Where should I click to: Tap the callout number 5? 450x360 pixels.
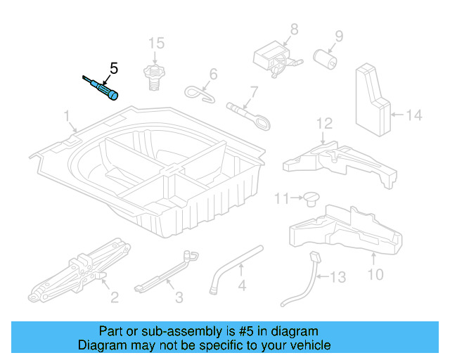coord(114,69)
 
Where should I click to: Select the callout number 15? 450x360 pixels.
coord(155,43)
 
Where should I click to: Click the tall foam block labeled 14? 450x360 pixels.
coord(371,98)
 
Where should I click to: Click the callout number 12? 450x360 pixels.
coord(323,124)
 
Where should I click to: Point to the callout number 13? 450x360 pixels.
coord(338,277)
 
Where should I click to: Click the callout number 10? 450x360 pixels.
coord(376,274)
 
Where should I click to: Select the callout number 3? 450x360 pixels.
coord(179,297)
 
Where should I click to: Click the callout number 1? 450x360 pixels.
coord(67,115)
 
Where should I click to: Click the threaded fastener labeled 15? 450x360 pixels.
coord(153,75)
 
